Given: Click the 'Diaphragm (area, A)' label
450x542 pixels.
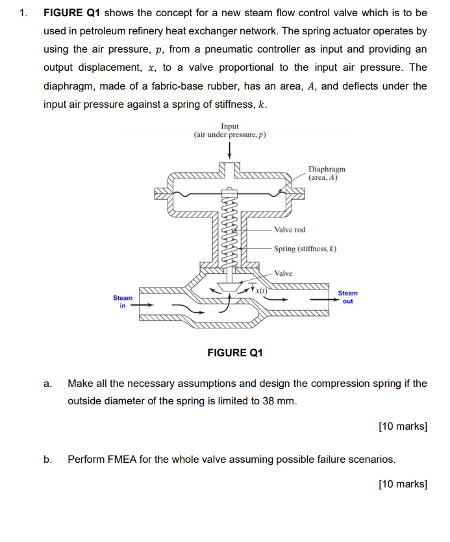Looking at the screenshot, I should tap(327, 173).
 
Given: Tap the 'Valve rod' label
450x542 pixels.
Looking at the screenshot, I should tap(290, 230).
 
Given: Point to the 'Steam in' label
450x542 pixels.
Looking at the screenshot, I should tap(122, 302).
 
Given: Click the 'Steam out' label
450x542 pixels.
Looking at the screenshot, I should tap(347, 297).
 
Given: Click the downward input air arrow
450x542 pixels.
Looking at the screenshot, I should tap(230, 149).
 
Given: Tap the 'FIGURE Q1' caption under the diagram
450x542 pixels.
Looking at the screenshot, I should tap(234, 352).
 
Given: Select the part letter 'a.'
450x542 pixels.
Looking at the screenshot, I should tap(48, 384).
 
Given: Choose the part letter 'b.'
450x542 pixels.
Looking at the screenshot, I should tap(48, 460).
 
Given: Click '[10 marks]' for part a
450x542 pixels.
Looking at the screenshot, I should tap(403, 426).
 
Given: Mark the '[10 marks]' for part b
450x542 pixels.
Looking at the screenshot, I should tap(403, 484).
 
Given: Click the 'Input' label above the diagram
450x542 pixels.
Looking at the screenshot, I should tap(230, 126).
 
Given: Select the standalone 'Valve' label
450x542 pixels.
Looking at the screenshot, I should tap(284, 273).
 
